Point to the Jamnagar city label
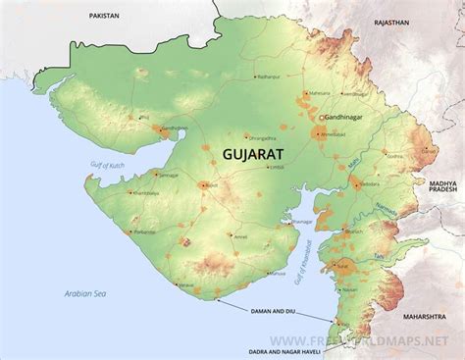pos(170,175)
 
